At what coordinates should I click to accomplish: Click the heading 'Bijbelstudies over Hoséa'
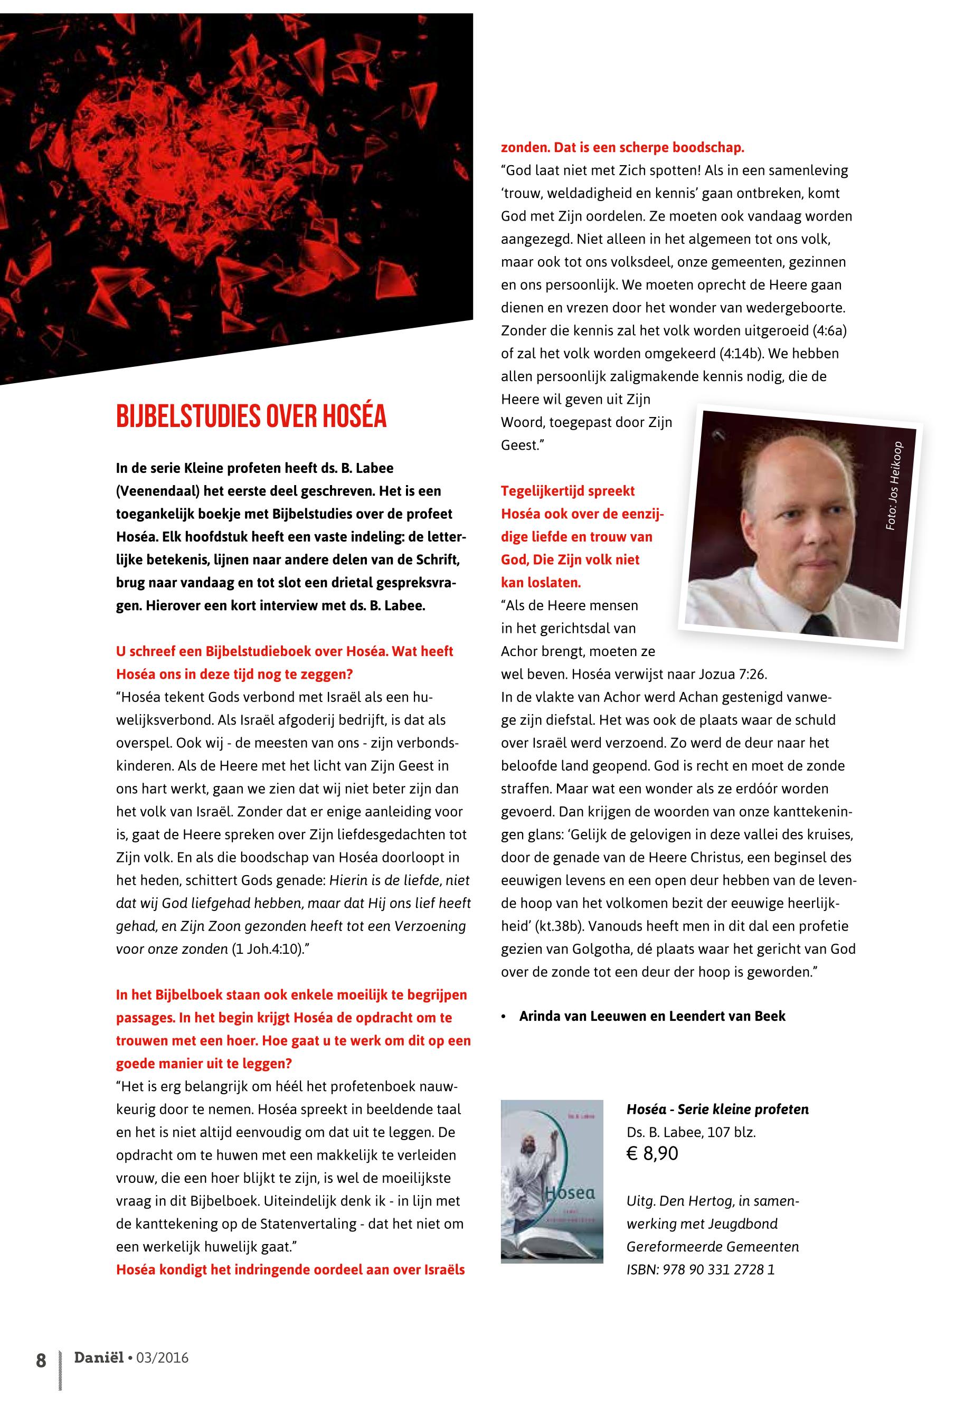pyautogui.click(x=251, y=417)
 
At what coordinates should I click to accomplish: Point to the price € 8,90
pyautogui.click(x=653, y=1154)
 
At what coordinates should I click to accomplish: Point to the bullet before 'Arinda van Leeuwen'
pyautogui.click(x=504, y=1017)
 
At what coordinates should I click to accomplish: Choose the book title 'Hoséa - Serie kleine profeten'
pyautogui.click(x=717, y=1109)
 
